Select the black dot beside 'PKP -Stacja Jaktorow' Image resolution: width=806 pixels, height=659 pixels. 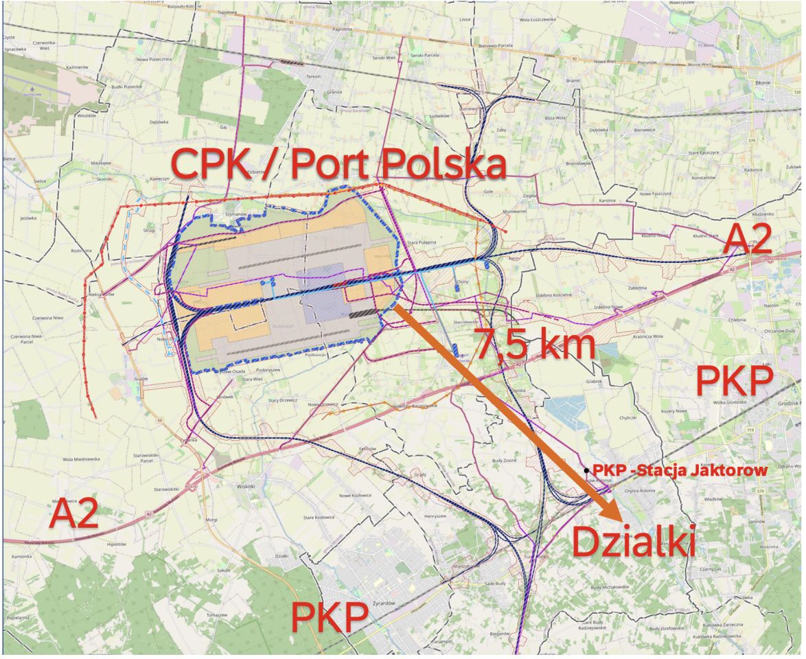click(x=586, y=470)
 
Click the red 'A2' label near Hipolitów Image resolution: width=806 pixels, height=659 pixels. click(x=73, y=515)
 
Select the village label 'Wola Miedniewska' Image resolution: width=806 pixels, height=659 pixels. click(x=77, y=459)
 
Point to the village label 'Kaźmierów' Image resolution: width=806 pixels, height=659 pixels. click(x=76, y=67)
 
